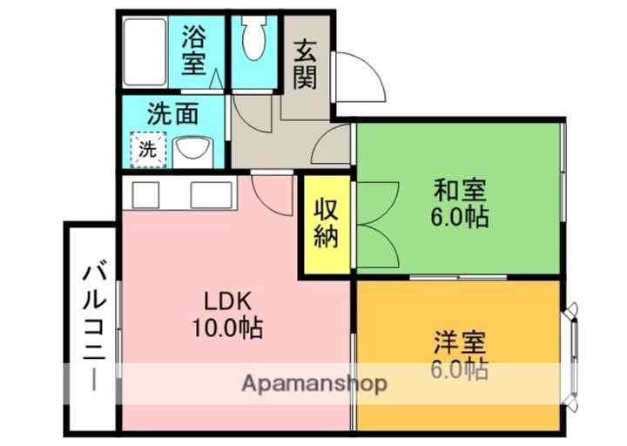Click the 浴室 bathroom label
(x=193, y=50)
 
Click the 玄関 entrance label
(x=304, y=64)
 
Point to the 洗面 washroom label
(x=173, y=114)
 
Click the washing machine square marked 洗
(x=148, y=148)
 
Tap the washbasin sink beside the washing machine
(x=192, y=150)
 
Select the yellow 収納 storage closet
(x=327, y=224)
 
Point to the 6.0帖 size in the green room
(x=460, y=216)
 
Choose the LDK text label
(x=227, y=302)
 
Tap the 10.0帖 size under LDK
(x=227, y=329)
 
